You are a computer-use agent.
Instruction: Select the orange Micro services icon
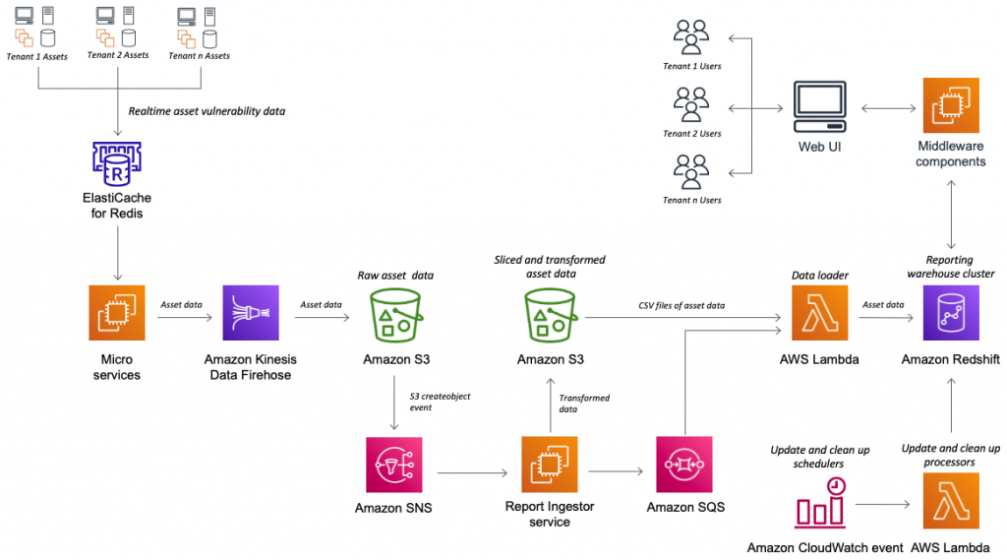117,313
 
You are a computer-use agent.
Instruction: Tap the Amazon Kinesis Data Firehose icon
251,313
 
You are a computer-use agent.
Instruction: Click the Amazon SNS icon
393,465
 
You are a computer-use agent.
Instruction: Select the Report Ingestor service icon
550,465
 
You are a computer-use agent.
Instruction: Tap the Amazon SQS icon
684,465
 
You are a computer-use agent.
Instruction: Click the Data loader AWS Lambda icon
818,314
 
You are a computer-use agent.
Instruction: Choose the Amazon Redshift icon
950,314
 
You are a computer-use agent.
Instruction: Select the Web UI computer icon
819,108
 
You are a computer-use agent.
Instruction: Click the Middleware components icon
950,106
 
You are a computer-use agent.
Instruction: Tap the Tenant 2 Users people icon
691,104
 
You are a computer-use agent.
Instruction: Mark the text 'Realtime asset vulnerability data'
207,111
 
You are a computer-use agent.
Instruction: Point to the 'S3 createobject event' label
440,401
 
